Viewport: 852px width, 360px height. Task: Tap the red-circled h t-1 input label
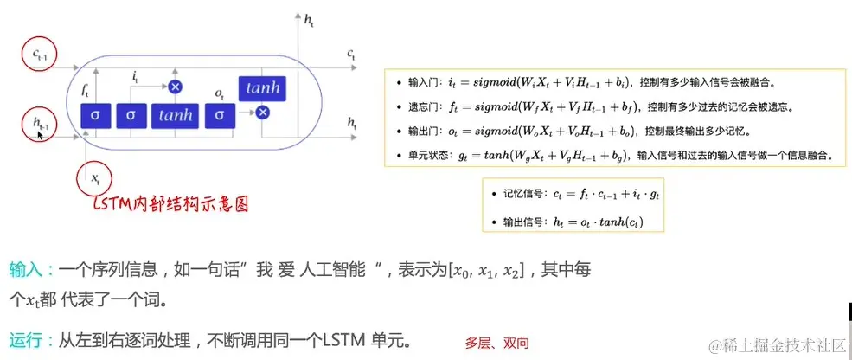tap(39, 126)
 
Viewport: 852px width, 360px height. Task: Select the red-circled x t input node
tap(95, 178)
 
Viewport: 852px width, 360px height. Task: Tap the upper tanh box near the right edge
tap(263, 88)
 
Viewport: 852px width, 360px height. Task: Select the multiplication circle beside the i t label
tap(176, 86)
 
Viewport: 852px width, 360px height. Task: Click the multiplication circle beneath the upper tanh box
tap(263, 112)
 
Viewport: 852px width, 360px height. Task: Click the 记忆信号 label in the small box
tap(523, 196)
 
